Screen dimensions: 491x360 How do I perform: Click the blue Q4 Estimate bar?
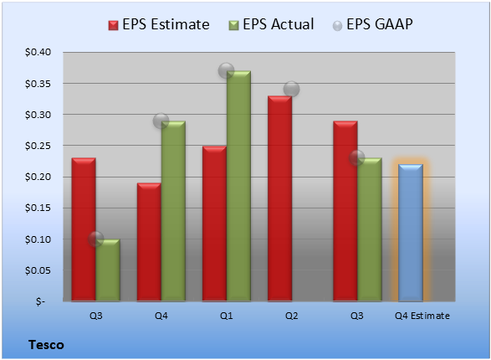click(411, 233)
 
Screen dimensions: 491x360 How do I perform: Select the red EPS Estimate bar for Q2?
click(279, 198)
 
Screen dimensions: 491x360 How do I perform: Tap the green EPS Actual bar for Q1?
click(238, 186)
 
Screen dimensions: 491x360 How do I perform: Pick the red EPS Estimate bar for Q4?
click(149, 242)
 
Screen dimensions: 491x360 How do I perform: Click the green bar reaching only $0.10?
click(108, 270)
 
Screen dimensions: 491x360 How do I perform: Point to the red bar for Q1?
click(214, 224)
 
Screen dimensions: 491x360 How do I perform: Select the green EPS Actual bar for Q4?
click(173, 211)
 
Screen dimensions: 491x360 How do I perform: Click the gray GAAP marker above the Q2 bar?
click(292, 90)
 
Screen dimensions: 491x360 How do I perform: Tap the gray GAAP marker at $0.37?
click(226, 70)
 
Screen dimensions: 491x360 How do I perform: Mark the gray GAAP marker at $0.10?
click(96, 239)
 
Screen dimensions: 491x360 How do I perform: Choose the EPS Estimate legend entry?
click(159, 24)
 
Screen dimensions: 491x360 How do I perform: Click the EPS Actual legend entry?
click(271, 24)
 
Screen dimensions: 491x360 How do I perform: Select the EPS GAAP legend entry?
click(372, 24)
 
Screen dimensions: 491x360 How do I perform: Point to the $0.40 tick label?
click(38, 52)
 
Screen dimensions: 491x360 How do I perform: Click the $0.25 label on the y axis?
click(38, 146)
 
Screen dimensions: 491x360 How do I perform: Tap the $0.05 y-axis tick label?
click(38, 270)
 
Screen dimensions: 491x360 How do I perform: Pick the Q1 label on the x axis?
click(226, 316)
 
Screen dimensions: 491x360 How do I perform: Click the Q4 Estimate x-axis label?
click(422, 316)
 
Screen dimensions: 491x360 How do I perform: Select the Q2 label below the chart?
click(292, 316)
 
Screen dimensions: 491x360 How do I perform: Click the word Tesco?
click(46, 345)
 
